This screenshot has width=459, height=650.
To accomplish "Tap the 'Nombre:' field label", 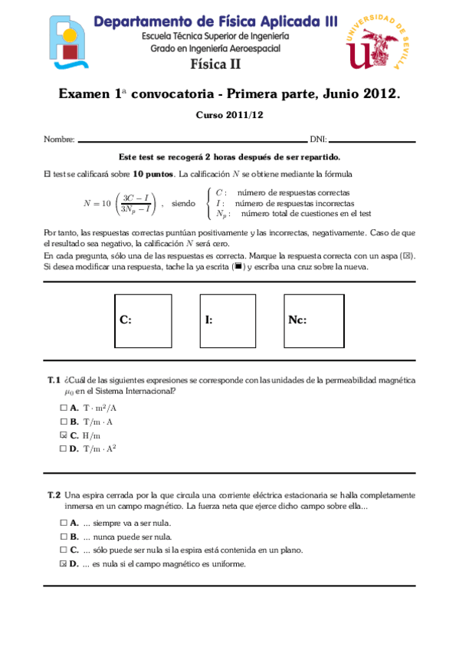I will point(59,140).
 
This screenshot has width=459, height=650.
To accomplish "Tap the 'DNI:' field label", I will point(318,140).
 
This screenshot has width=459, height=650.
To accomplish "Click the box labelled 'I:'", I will point(228,320).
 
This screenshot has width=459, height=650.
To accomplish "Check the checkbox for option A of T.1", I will point(63,409).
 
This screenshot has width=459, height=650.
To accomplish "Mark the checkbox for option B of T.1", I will point(63,422).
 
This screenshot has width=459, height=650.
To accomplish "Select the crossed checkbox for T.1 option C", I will point(63,435).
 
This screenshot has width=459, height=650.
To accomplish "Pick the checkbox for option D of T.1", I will point(63,449).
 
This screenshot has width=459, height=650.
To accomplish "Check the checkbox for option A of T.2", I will point(63,523).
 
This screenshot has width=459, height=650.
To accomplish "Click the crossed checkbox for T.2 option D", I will point(63,564).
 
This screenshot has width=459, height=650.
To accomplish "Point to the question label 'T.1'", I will point(53,380).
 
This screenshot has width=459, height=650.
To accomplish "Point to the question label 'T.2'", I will point(53,495).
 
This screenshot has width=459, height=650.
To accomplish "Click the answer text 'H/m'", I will point(92,435).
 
